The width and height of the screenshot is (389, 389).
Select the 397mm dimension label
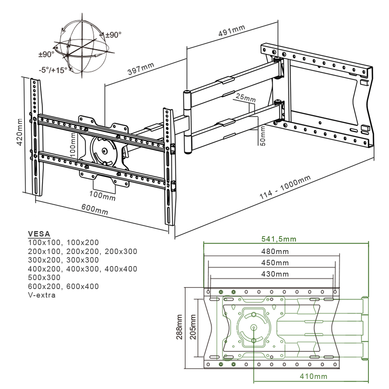141,69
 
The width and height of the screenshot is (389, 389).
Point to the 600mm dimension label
95,209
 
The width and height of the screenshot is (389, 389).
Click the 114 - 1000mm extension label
285,188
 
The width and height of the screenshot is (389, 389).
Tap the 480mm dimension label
275,251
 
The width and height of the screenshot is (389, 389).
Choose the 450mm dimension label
275,263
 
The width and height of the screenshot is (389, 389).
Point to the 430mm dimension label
275,274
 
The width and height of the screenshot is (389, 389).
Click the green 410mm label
313,376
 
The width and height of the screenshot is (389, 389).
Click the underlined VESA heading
39,234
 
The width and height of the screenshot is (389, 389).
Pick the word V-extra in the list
42,295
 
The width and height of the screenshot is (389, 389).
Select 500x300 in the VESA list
44,277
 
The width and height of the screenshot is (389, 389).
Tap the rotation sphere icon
82,47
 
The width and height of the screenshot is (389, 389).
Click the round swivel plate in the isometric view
103,151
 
